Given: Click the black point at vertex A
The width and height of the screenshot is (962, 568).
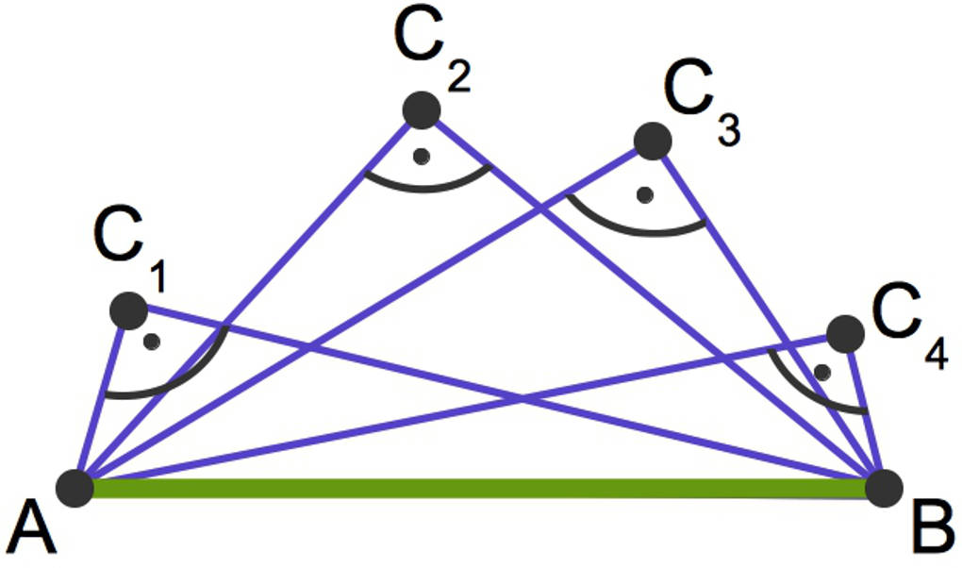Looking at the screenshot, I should tap(75, 487).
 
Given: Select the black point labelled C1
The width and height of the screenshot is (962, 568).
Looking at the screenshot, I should tap(128, 310).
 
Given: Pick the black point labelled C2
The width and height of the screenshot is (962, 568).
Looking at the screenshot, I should tap(422, 110).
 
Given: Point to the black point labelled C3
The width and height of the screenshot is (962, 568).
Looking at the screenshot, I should tap(652, 142).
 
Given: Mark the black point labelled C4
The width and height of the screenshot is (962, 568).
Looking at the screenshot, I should tap(844, 333).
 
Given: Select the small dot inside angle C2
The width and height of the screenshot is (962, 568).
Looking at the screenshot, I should tap(423, 155).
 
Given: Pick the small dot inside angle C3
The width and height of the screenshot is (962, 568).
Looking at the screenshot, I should tap(645, 195).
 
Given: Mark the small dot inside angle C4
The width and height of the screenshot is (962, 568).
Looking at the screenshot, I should tap(822, 372).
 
